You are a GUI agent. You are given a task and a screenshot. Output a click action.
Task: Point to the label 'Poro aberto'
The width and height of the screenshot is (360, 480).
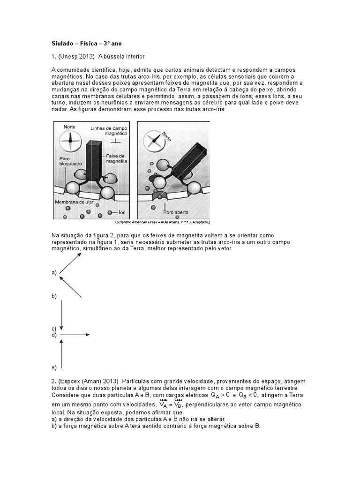tap(176, 211)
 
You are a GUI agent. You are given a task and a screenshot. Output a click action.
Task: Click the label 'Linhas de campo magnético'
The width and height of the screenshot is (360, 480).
tap(107, 130)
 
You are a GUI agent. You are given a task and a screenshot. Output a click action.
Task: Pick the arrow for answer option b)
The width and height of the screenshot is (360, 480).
tap(70, 286)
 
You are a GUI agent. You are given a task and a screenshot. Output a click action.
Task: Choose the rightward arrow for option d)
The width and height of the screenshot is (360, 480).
tap(74, 335)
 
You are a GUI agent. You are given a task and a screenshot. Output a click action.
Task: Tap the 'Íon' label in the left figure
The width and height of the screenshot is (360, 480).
tap(121, 212)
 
